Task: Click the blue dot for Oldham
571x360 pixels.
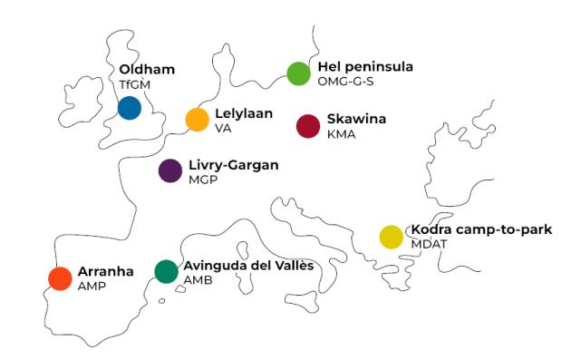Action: pos(130,108)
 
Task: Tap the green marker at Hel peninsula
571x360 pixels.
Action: pos(298,73)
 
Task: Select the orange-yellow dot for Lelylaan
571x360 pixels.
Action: pos(197,120)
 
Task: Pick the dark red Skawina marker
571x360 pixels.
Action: pos(308,126)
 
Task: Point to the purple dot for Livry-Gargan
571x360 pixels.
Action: pos(170,170)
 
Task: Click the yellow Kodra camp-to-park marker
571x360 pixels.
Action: pos(391,237)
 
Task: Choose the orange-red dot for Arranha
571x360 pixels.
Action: pos(60,277)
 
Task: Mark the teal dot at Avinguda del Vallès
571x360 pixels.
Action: pos(166,271)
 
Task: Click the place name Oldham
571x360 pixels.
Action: pos(147,70)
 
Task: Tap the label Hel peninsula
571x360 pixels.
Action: pos(365,67)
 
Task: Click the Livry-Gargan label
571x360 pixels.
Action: pos(233,165)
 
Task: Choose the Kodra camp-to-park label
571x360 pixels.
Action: pos(481,229)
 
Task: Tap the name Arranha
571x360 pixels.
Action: pos(105,271)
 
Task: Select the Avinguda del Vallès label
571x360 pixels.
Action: pos(248,265)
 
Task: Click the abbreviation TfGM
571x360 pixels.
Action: pos(133,84)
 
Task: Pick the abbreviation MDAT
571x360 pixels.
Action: pos(429,244)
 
